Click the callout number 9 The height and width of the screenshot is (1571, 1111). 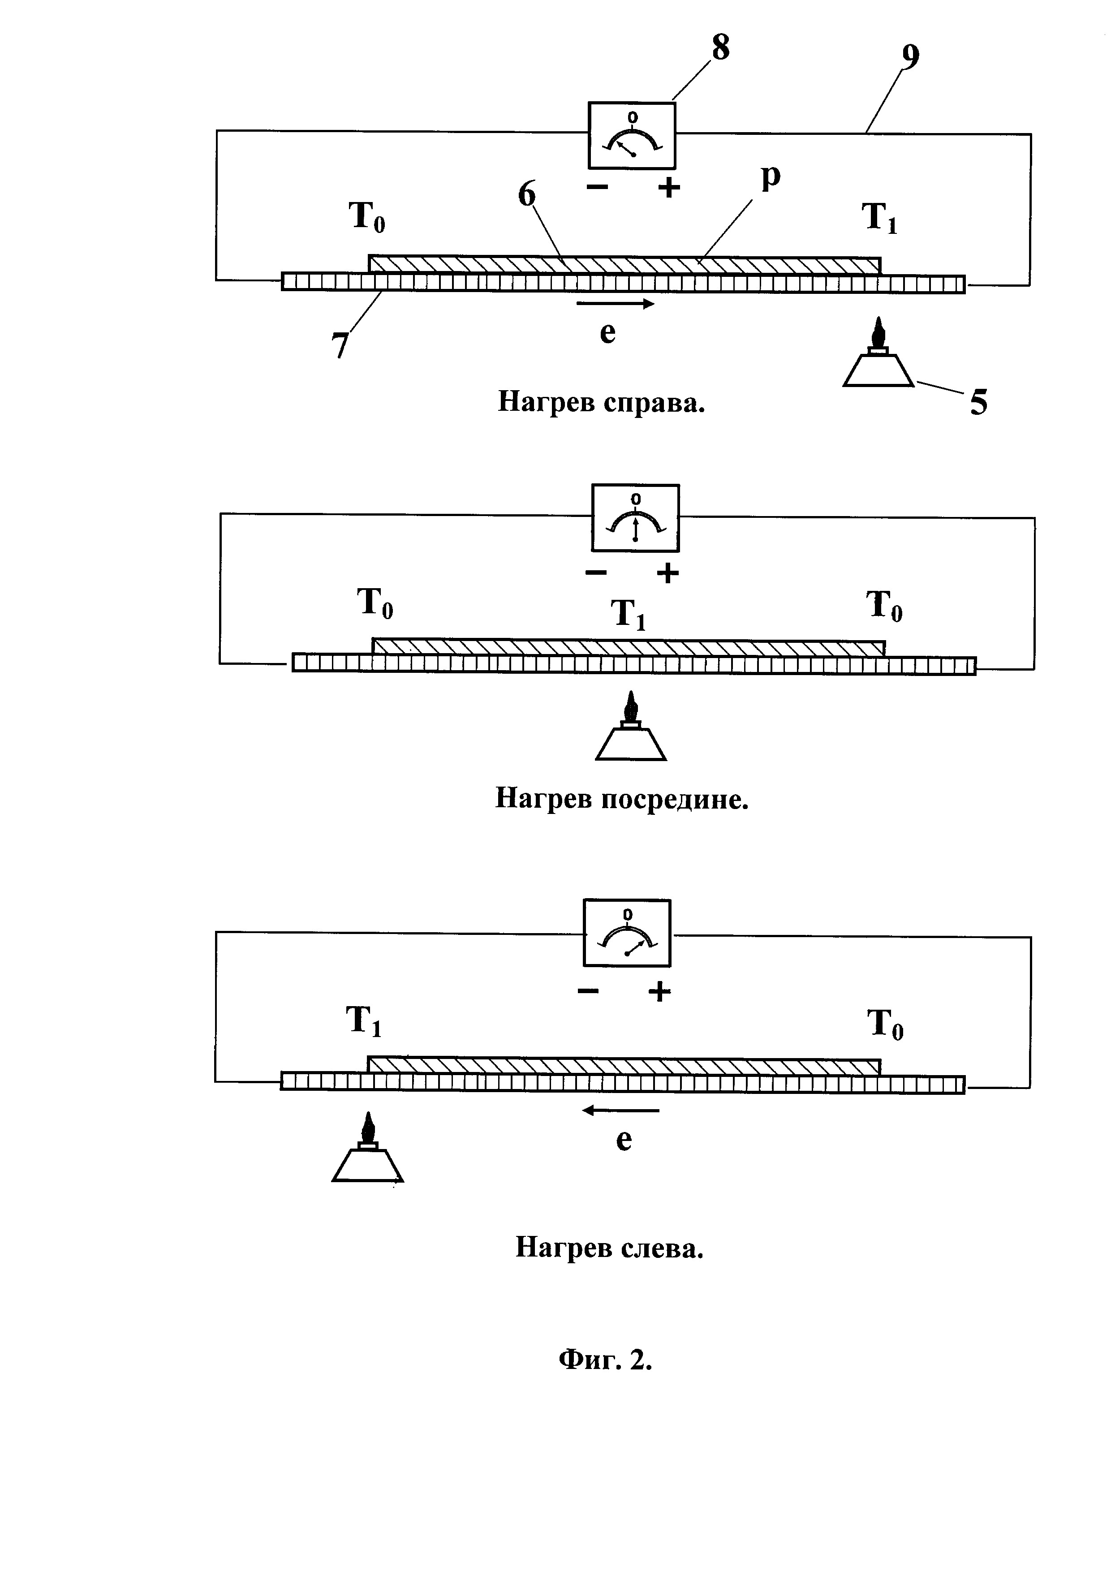[x=910, y=57]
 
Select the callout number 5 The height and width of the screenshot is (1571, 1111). [x=979, y=403]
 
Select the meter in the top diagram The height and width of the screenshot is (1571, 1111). [x=632, y=135]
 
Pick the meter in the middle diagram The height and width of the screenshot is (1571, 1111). [x=636, y=518]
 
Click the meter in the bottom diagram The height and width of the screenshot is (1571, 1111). [x=627, y=933]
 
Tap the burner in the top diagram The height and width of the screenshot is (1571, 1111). [x=878, y=353]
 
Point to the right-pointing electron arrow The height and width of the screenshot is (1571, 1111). [x=616, y=304]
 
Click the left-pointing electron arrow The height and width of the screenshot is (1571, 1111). [x=620, y=1110]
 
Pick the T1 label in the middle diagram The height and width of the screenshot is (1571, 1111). [x=629, y=614]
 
